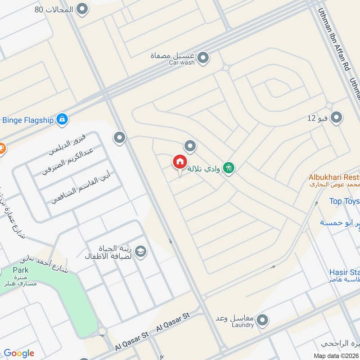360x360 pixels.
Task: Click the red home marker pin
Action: pos(180,162)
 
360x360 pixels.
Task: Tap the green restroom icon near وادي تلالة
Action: pos(229,168)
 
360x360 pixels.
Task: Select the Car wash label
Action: pos(182,63)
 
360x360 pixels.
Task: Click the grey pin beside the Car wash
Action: pos(203,58)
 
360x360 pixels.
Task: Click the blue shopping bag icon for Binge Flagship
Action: pos(63,120)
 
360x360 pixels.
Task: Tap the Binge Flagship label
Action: pos(28,120)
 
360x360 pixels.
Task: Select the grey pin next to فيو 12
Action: pos(336,118)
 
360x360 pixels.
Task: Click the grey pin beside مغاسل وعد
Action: pos(262,320)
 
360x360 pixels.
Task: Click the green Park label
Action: pos(21,270)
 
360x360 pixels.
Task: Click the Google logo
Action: pos(19,353)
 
